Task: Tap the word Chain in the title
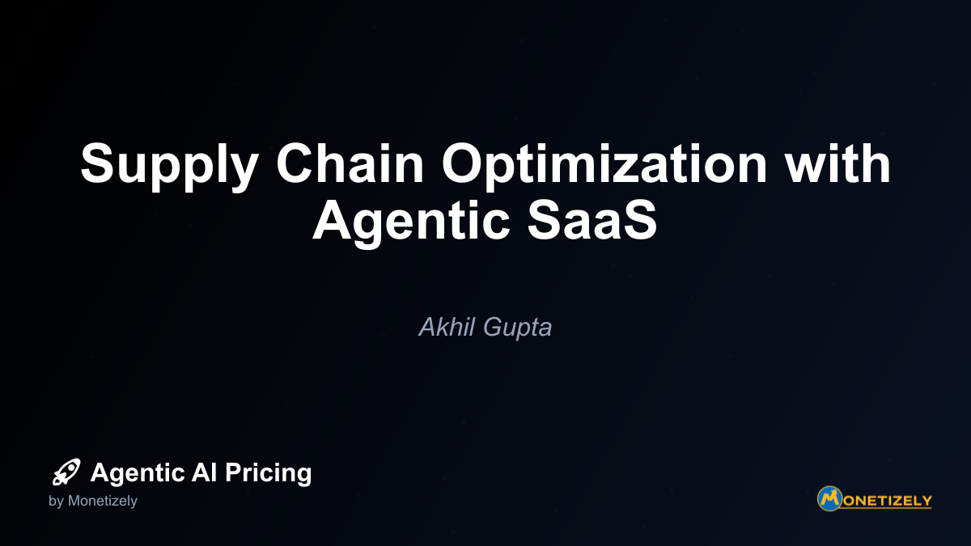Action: pos(350,163)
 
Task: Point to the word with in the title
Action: pos(838,163)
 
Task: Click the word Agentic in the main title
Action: pos(411,222)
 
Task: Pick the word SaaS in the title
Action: pos(592,220)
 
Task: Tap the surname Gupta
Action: pos(518,329)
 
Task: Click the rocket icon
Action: pos(66,472)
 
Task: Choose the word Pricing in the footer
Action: pos(269,473)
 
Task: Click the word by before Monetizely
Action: pos(56,502)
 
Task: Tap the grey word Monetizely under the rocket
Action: pos(102,502)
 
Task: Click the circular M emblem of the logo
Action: pos(829,499)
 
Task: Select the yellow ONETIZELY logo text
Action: pos(887,501)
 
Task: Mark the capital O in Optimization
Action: pos(463,163)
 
